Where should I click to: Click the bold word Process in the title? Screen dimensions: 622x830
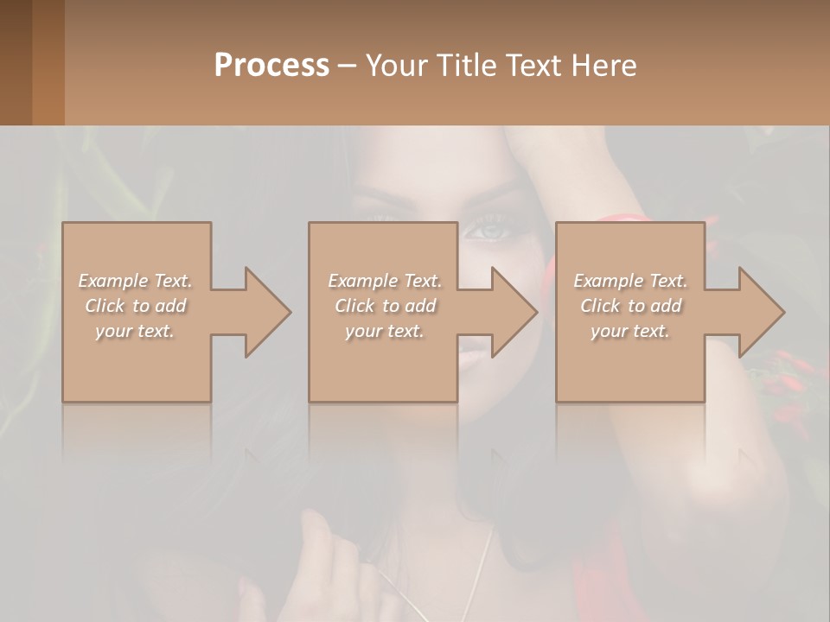point(271,65)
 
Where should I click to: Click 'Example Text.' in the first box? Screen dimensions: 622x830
point(135,281)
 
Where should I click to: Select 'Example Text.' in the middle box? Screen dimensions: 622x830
point(384,281)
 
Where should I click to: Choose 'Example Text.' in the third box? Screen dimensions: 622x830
point(630,281)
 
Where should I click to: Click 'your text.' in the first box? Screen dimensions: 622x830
point(135,331)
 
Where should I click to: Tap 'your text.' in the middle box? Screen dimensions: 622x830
point(384,331)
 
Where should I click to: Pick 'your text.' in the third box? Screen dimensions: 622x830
point(630,331)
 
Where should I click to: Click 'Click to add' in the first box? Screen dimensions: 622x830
point(135,306)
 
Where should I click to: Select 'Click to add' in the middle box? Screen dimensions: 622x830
point(384,306)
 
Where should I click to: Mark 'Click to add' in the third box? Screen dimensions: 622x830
point(630,306)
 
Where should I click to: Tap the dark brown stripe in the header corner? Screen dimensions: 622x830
point(16,62)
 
